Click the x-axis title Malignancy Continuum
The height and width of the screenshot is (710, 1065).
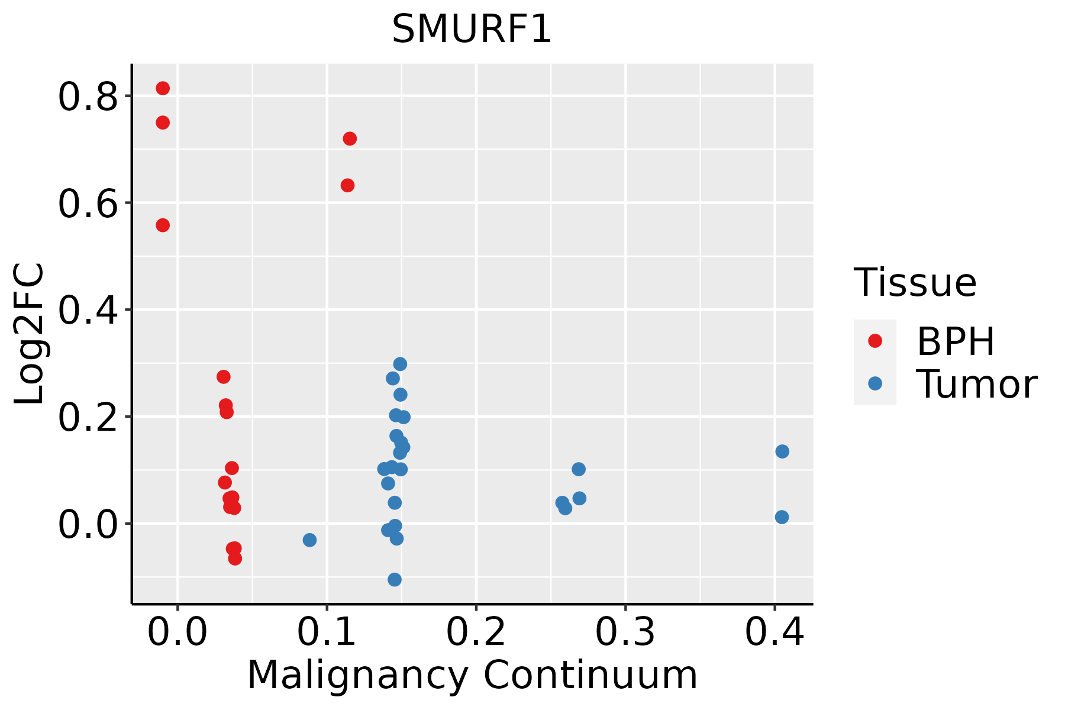coord(472,675)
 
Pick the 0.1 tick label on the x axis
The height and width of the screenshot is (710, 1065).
coord(327,632)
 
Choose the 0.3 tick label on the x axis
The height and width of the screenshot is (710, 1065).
coord(625,632)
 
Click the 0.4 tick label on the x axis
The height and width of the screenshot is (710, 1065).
coord(774,632)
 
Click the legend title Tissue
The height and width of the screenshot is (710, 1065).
coord(915,282)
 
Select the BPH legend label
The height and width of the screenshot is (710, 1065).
coord(956,341)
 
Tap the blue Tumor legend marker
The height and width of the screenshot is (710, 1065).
coord(874,383)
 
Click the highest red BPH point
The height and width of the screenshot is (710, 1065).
coord(163,88)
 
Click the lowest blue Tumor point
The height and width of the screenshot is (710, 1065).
coord(395,579)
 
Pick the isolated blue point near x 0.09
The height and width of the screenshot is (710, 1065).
coord(309,540)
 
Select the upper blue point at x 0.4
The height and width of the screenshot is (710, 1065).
coord(782,451)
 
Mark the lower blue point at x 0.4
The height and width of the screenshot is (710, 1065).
coord(782,517)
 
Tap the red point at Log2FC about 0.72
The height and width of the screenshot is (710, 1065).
coord(350,138)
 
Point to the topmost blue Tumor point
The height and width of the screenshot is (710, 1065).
coord(400,364)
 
